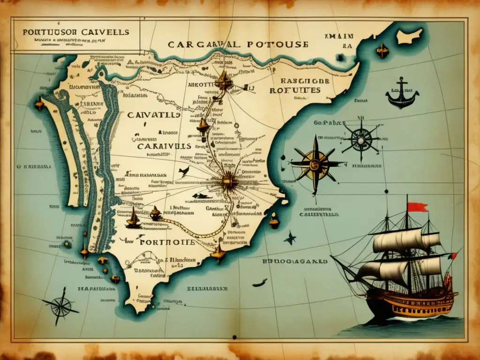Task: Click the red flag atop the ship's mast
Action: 417,207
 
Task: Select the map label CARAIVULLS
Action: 164,146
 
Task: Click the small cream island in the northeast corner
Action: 409,37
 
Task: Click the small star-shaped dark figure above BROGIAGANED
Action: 290,239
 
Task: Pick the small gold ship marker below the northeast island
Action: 382,51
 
